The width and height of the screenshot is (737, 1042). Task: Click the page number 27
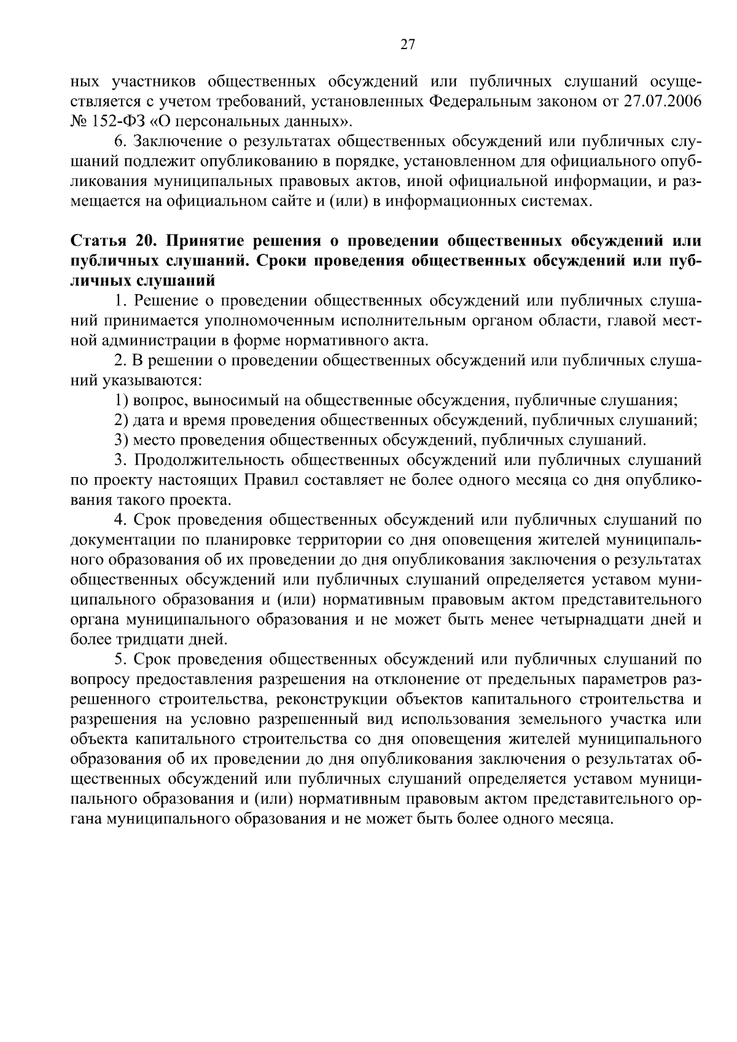pos(407,44)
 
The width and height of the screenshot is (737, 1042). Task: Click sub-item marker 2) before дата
pos(121,421)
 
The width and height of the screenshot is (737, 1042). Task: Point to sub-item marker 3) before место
pos(121,440)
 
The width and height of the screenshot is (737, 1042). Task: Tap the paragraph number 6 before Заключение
pos(119,142)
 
